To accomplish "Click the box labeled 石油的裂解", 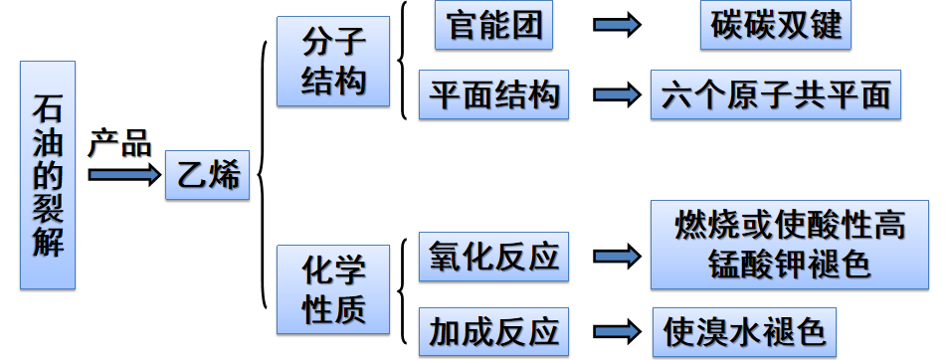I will (48, 175).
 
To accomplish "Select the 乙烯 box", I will (207, 176).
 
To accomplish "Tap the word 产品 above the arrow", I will (119, 143).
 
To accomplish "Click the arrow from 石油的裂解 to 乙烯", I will (123, 175).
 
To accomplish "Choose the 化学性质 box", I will (333, 289).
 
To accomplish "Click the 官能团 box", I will (494, 26).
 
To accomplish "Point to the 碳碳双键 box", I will (776, 26).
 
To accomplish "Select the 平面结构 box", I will (493, 94).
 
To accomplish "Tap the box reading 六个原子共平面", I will (776, 94).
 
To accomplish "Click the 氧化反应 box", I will (493, 257).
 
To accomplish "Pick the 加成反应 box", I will (493, 331).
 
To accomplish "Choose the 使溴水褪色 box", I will (744, 332).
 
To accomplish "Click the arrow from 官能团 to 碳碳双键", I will (617, 27).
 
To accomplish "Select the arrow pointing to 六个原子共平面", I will (617, 94).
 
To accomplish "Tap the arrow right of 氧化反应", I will (617, 257).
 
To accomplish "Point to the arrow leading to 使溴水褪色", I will (617, 331).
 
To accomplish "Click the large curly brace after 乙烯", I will (263, 176).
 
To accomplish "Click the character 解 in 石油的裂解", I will (48, 242).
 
